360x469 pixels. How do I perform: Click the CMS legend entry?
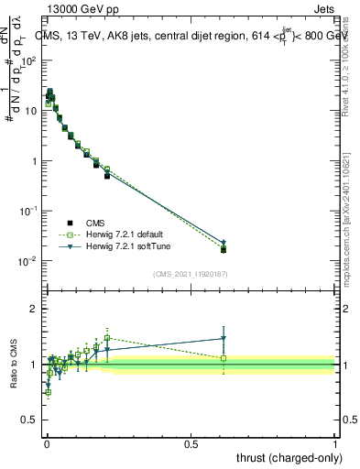[93, 223]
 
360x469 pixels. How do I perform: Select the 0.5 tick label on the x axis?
[191, 442]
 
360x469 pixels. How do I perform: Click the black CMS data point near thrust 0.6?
[224, 249]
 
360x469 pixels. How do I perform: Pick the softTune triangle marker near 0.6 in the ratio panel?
[224, 339]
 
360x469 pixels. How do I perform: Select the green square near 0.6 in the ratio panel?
[224, 358]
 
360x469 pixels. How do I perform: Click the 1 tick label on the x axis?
[335, 442]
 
